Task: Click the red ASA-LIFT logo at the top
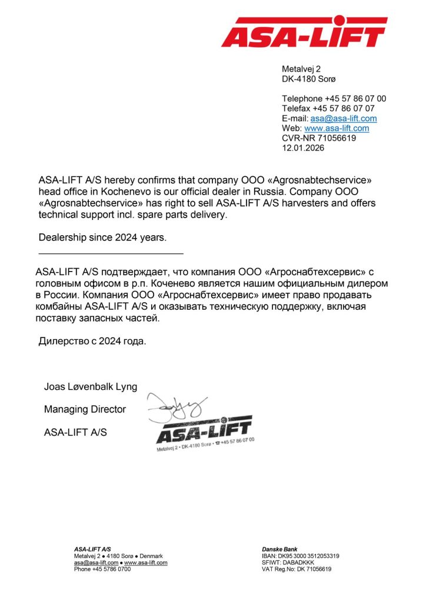pyautogui.click(x=304, y=32)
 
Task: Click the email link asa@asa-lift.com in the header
pyautogui.click(x=344, y=118)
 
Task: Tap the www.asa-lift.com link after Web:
pyautogui.click(x=337, y=128)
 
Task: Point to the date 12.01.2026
pyautogui.click(x=303, y=148)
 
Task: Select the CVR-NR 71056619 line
pyautogui.click(x=319, y=138)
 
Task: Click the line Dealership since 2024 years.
pyautogui.click(x=102, y=238)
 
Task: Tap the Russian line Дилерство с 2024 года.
pyautogui.click(x=92, y=340)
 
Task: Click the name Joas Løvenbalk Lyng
pyautogui.click(x=91, y=387)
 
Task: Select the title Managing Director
pyautogui.click(x=85, y=409)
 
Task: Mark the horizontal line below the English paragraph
pyautogui.click(x=111, y=253)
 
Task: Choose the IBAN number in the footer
pyautogui.click(x=300, y=556)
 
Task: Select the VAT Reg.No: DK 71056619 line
pyautogui.click(x=297, y=570)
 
